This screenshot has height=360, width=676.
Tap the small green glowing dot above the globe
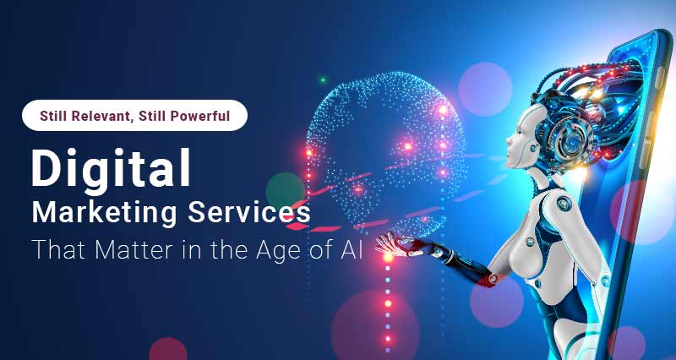point(322,80)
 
